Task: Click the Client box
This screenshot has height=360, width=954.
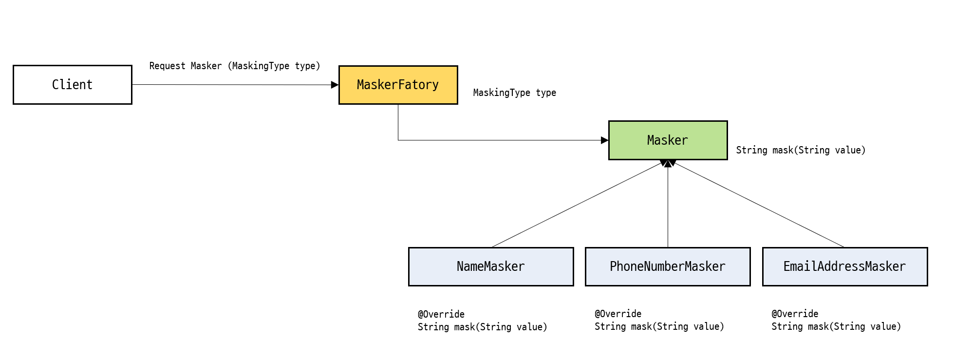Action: pyautogui.click(x=72, y=85)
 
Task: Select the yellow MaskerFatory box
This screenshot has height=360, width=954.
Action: pyautogui.click(x=398, y=85)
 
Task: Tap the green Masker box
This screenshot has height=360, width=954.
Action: pyautogui.click(x=668, y=140)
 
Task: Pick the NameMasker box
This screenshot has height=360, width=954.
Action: pyautogui.click(x=490, y=266)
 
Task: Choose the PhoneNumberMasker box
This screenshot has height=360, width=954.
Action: pyautogui.click(x=667, y=266)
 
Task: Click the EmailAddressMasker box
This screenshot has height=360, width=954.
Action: pyautogui.click(x=844, y=266)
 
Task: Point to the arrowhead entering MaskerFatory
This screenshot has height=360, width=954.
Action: pyautogui.click(x=335, y=85)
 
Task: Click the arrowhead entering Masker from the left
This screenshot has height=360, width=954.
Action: pyautogui.click(x=604, y=140)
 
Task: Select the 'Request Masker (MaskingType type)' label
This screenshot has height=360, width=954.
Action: pyautogui.click(x=235, y=66)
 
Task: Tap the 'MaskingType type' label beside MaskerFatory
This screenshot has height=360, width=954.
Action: pyautogui.click(x=514, y=93)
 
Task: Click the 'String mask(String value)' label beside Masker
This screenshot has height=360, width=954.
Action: pyautogui.click(x=801, y=150)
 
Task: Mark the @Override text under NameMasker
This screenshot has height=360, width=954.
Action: pyautogui.click(x=441, y=314)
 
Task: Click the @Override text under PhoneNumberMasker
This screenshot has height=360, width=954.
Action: pyautogui.click(x=617, y=314)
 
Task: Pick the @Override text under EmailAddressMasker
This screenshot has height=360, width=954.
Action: pyautogui.click(x=794, y=314)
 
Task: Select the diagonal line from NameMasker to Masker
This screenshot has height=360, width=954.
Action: pyautogui.click(x=577, y=206)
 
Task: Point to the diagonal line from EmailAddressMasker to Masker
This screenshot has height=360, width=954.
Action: pyautogui.click(x=758, y=206)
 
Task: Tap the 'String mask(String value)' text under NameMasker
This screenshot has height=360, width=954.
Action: pyautogui.click(x=482, y=327)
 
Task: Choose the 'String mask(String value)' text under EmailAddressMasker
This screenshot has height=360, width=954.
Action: pyautogui.click(x=836, y=326)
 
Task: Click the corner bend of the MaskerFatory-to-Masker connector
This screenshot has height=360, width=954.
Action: pyautogui.click(x=398, y=140)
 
